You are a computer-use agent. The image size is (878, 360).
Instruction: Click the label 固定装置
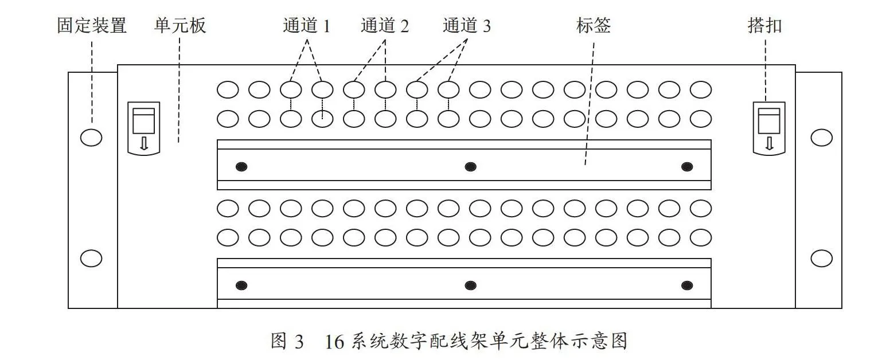coord(92,25)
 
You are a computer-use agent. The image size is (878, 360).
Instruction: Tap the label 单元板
coord(180,25)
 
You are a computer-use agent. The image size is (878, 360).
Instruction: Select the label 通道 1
coord(307,26)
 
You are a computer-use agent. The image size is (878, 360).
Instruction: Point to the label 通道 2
coord(385,26)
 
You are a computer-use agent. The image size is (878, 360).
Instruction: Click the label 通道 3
coord(467,26)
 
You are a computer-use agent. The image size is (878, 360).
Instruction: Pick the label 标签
coord(594,25)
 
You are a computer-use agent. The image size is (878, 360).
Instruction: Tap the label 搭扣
coord(764,26)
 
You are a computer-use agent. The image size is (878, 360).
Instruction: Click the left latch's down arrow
coord(144,143)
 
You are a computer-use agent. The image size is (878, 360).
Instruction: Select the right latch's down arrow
coord(769,143)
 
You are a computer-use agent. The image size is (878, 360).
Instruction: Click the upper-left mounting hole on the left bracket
coord(91,138)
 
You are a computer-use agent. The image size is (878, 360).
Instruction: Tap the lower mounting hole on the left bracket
coord(91,259)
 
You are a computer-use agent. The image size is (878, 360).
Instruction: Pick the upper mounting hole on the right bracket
coord(821,138)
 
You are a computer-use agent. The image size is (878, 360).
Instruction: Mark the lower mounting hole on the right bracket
coord(821,259)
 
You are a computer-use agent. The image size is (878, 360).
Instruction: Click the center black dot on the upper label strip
coord(470,167)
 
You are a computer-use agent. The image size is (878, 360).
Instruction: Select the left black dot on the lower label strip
coord(241,285)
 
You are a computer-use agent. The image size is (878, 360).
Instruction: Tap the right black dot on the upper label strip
coord(686,167)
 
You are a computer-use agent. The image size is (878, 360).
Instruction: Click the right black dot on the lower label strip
coord(686,285)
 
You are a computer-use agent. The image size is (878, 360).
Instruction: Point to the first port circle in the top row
coord(228,89)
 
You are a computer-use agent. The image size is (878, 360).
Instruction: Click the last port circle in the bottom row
coord(700,237)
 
